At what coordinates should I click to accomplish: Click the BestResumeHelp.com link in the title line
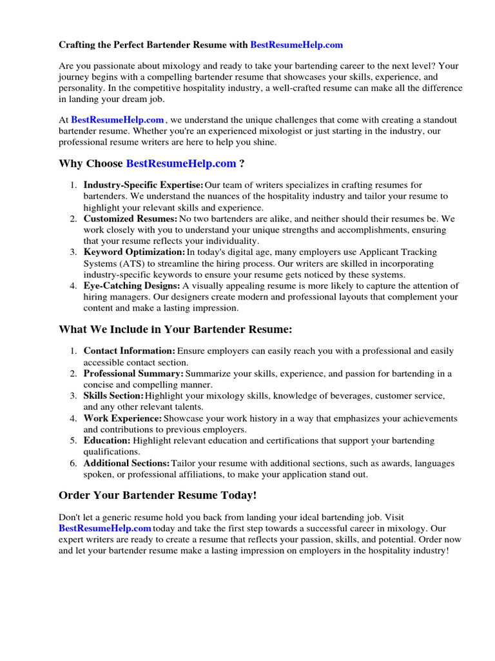point(296,45)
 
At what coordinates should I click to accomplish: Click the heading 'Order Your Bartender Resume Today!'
point(158,495)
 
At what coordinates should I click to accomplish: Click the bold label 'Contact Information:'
point(130,351)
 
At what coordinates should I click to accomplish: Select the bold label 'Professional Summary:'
point(133,374)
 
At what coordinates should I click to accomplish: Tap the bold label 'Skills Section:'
point(113,396)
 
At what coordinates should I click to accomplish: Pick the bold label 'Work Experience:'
point(122,418)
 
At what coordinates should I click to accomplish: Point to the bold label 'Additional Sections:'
point(127,463)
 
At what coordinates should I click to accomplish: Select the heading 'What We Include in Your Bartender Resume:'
point(175,330)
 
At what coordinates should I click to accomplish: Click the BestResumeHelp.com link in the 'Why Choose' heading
point(181,164)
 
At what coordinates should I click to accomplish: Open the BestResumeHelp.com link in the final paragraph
point(105,528)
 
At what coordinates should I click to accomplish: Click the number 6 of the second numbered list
point(74,463)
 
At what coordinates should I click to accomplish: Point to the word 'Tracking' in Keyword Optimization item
point(418,252)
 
